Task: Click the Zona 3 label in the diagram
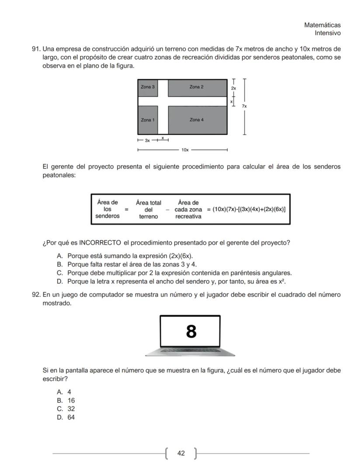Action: point(147,87)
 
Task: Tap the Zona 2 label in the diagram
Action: point(196,87)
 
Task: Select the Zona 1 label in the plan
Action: point(147,120)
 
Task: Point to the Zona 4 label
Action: point(196,120)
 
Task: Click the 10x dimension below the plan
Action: point(185,150)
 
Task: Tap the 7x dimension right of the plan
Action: point(245,106)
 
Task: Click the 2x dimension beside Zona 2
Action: point(233,88)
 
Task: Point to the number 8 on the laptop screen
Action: point(191,332)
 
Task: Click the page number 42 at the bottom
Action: point(181,453)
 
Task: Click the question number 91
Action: point(36,49)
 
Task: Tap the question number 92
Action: point(36,295)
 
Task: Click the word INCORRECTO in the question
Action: point(100,243)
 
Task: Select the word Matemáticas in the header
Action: point(322,25)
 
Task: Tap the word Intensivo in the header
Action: point(328,33)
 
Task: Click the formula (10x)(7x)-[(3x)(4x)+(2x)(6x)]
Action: point(249,209)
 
